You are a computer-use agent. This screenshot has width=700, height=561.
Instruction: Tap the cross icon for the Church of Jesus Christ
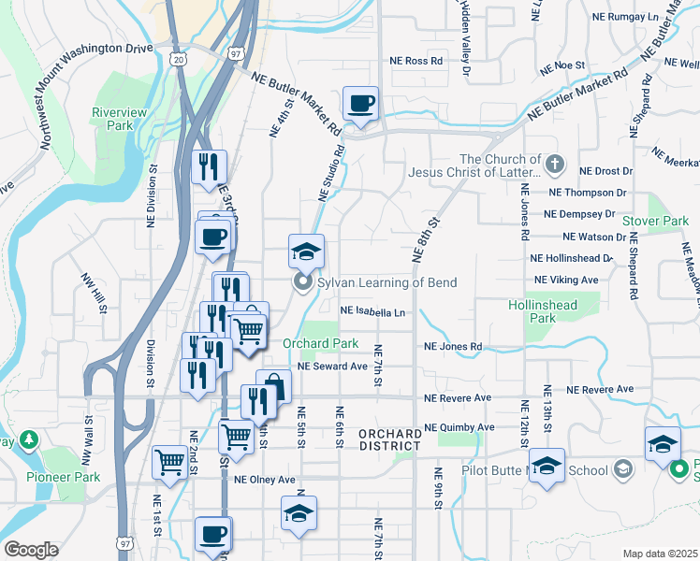(x=555, y=165)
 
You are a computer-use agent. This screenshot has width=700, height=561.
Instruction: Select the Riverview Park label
(x=119, y=119)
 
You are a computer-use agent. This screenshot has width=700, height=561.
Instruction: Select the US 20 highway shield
(x=180, y=59)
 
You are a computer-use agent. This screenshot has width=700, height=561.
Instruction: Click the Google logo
(x=31, y=550)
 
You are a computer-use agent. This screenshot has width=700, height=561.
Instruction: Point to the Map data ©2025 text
(x=660, y=554)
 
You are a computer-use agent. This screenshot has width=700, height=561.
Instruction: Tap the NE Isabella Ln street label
(x=372, y=311)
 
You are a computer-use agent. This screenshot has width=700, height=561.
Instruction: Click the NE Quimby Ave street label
(x=459, y=427)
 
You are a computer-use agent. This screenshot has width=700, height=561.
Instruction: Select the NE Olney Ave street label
(x=265, y=480)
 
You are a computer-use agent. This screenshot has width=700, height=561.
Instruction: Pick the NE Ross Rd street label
(x=416, y=61)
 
